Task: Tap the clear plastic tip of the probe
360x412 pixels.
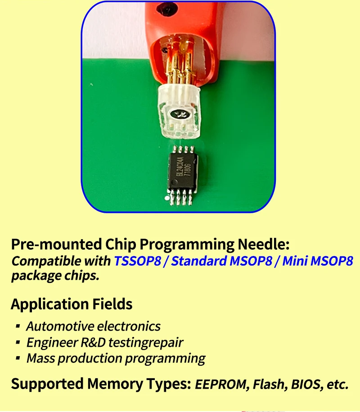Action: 179,112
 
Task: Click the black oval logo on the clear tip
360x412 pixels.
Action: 180,114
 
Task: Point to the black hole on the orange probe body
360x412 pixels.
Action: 166,9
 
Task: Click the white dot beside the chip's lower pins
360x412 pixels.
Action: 166,198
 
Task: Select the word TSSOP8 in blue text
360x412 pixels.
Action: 138,261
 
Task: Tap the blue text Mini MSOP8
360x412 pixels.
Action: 318,261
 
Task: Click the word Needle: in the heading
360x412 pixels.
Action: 264,244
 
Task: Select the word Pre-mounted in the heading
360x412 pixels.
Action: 57,244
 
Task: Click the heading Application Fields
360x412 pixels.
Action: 72,304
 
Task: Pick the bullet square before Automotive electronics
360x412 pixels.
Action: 18,326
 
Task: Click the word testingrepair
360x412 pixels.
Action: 146,343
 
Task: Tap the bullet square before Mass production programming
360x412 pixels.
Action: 18,358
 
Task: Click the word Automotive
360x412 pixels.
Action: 60,327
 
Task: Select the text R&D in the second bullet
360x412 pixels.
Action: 93,343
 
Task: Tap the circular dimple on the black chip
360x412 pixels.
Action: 174,182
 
